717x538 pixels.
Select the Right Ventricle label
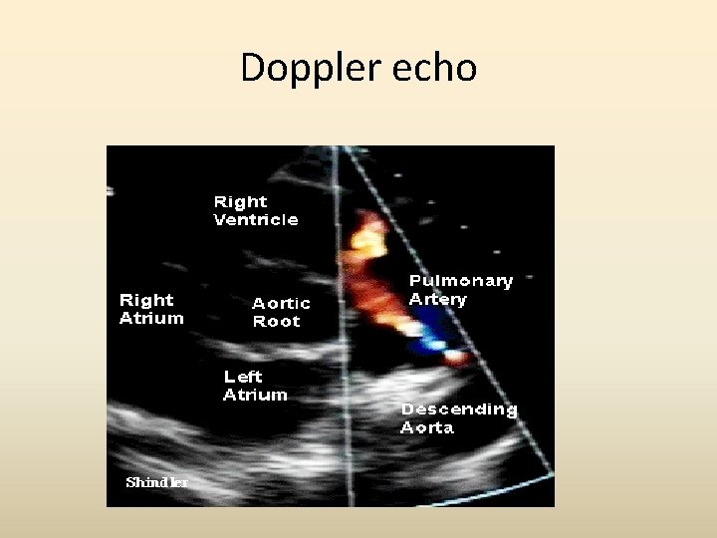tap(256, 210)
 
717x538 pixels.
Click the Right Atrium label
tap(151, 309)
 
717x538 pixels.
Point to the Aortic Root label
tap(281, 312)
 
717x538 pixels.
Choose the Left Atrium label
tap(255, 386)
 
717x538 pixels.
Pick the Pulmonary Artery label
tap(460, 290)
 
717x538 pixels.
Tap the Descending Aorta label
tap(459, 418)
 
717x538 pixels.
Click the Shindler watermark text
tap(156, 482)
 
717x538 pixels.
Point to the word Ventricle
tap(256, 219)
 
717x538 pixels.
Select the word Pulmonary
tap(461, 281)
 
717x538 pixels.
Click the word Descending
tap(459, 409)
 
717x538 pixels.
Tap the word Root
tap(277, 322)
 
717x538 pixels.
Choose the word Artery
tap(437, 299)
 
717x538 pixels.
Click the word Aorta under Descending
tap(427, 427)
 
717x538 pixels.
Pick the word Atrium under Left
tap(255, 395)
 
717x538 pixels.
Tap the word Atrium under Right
tap(151, 318)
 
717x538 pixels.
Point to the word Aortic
tap(281, 303)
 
